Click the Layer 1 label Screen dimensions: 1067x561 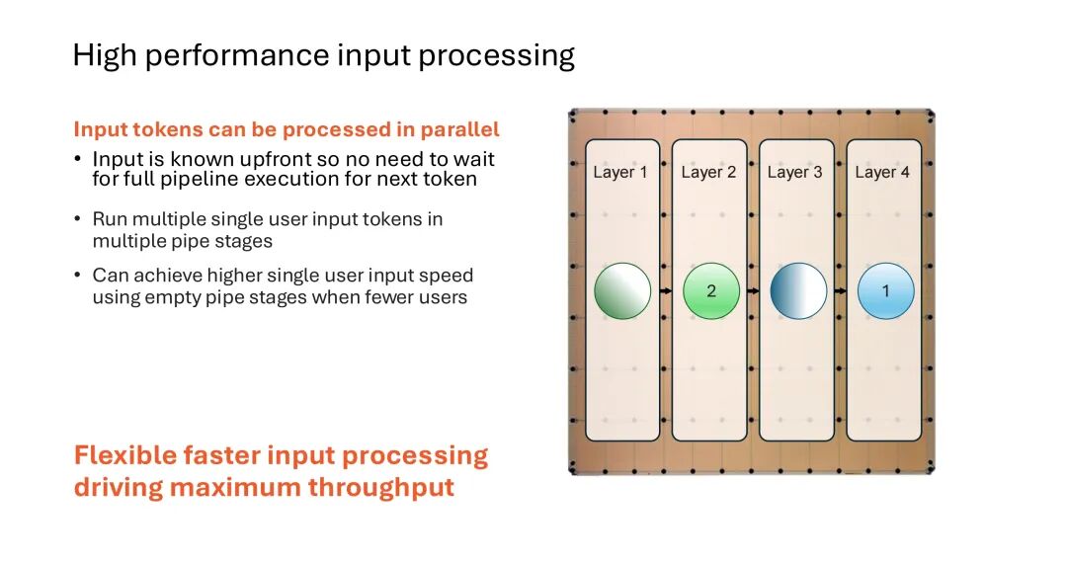pos(619,172)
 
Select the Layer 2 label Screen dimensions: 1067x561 pos(708,172)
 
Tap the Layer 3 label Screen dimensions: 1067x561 pos(794,172)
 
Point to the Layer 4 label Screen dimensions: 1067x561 pos(882,172)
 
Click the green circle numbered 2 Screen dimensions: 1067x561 pos(711,291)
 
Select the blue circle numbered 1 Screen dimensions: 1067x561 pos(886,291)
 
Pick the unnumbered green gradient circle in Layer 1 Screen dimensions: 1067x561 pos(622,291)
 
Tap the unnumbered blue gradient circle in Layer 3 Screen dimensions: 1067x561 pos(799,291)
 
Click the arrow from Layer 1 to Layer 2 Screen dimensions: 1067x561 pos(666,291)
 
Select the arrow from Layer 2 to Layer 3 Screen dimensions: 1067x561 pos(753,291)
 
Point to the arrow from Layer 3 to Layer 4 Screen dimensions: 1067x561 pos(841,291)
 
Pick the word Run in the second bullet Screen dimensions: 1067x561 pos(110,219)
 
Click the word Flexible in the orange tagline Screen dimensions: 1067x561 pos(124,455)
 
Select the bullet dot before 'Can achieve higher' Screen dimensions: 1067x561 pos(77,275)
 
